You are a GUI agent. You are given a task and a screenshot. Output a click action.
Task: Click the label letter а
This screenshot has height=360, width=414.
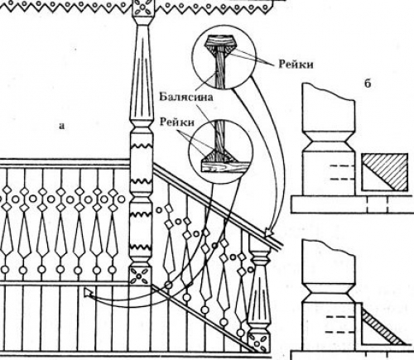[x=61, y=126]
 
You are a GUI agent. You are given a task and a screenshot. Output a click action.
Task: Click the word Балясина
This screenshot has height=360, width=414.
[x=186, y=97]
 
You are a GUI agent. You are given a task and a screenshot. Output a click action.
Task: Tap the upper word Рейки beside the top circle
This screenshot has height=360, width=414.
[x=296, y=65]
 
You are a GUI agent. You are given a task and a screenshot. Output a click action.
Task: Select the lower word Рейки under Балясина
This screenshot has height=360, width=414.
[x=177, y=122]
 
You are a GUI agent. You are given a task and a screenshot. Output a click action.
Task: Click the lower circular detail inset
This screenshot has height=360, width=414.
[x=221, y=151]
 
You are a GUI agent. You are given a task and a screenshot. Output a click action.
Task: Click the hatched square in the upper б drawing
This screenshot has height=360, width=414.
[x=385, y=172]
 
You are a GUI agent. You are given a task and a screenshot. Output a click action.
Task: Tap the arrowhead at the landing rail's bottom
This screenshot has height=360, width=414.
[x=89, y=292]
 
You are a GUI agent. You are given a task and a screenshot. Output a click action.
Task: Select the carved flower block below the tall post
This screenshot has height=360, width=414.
[x=141, y=276]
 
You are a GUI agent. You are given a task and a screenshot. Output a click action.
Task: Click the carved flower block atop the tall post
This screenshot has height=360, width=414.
[x=142, y=7]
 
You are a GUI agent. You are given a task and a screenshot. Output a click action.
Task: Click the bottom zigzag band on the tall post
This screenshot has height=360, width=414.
[x=141, y=247]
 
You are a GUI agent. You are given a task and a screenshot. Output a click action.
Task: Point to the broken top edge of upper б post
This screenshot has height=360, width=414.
[x=329, y=92]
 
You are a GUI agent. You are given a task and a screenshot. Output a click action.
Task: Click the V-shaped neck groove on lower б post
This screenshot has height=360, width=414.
[x=329, y=293]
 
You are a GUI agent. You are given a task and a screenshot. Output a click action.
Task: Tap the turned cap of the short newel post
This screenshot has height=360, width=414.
[x=259, y=257]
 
